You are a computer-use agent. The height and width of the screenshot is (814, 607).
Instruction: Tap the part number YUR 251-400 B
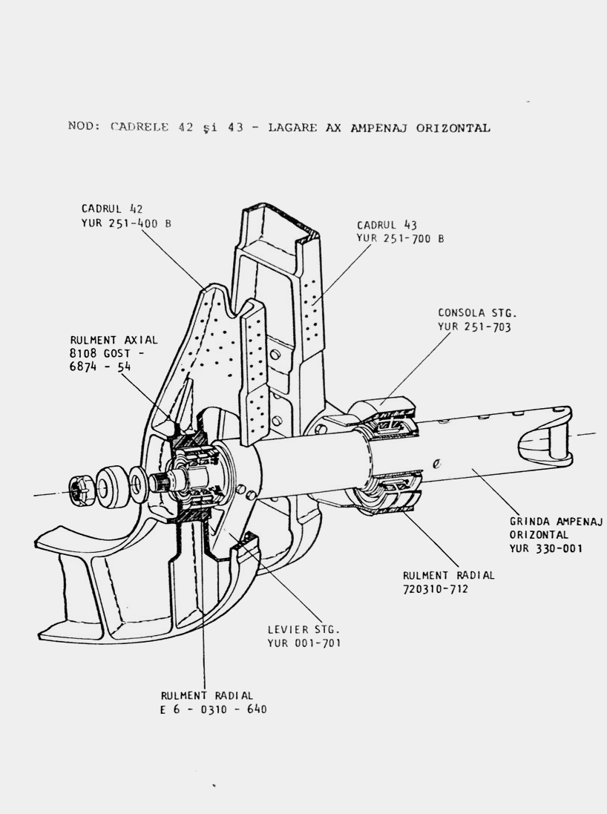click(126, 223)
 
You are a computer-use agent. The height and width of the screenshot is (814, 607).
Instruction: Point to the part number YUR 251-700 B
click(401, 238)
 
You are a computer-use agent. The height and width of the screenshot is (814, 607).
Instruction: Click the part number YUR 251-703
click(475, 326)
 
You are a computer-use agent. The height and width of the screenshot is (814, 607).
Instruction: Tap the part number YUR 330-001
click(546, 548)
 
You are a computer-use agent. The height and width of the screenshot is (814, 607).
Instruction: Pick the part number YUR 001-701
click(304, 643)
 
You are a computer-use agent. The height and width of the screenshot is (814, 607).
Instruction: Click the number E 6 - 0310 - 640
click(214, 709)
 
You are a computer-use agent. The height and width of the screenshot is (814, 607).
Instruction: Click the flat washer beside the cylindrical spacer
click(137, 482)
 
